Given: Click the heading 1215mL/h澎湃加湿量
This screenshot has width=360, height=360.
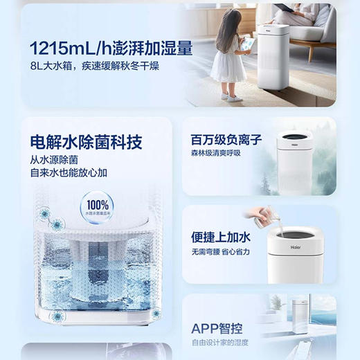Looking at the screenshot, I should [111, 48].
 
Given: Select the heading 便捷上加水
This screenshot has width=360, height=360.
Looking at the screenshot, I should [219, 236].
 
